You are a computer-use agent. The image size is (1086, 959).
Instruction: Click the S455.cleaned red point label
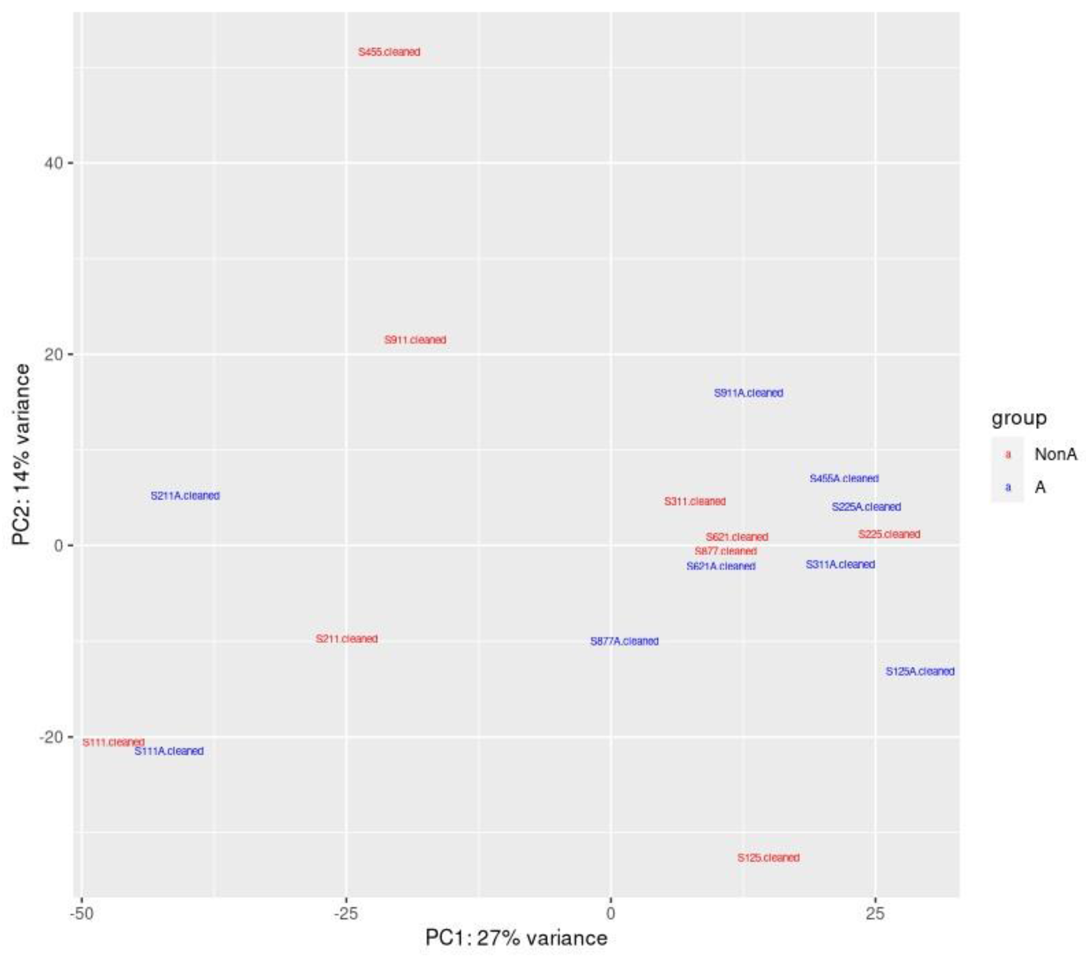(x=389, y=52)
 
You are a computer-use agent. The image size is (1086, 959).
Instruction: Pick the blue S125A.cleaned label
(x=920, y=671)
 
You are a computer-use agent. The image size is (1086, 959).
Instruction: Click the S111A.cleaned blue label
(x=169, y=751)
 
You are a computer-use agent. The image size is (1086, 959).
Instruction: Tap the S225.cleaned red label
(x=889, y=534)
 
